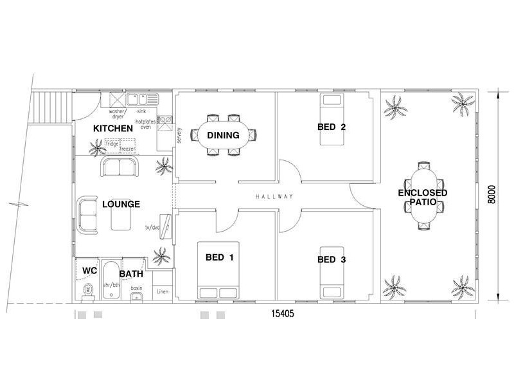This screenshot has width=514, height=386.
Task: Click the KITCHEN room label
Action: (113, 128)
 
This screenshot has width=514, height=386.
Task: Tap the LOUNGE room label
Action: (121, 204)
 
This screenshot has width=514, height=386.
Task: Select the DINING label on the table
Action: (223, 135)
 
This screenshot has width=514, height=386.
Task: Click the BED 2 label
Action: (332, 127)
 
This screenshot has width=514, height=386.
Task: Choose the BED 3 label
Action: (332, 260)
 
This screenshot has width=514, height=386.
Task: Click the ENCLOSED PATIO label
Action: (423, 197)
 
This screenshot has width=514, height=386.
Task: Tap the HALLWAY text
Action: (274, 197)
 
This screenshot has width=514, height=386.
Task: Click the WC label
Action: (89, 270)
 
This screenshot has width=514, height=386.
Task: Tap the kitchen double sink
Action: (142, 99)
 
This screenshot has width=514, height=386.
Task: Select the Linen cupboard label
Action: (163, 291)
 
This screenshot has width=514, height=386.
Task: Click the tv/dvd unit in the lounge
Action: (166, 226)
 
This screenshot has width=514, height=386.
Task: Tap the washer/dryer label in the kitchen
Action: (117, 114)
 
